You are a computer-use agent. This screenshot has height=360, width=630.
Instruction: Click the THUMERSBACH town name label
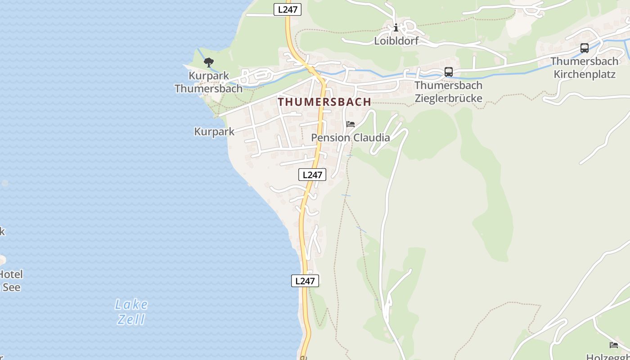click(x=324, y=102)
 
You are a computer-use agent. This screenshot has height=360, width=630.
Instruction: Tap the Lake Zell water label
click(x=131, y=312)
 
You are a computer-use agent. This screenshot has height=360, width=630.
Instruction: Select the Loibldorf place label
click(x=396, y=41)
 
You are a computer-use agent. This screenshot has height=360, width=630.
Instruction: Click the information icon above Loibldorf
click(x=396, y=28)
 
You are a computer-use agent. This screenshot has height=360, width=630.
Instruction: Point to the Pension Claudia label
click(x=351, y=138)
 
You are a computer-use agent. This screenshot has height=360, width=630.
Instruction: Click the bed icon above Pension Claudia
click(x=351, y=124)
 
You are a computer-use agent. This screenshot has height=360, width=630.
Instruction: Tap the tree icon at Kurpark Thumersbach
click(x=208, y=62)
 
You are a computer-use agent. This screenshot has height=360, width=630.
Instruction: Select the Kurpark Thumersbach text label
click(x=208, y=82)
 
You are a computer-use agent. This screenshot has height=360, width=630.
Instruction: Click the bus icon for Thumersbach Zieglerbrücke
click(x=449, y=72)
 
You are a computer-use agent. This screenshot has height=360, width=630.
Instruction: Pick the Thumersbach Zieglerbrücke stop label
click(x=448, y=92)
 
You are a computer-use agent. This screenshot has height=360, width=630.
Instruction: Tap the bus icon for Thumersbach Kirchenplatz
click(x=585, y=48)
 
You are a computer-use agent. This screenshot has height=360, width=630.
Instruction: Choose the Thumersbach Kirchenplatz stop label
click(x=585, y=67)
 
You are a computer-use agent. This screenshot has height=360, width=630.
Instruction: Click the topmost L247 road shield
click(x=288, y=9)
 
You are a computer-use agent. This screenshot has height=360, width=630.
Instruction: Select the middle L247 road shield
click(x=312, y=175)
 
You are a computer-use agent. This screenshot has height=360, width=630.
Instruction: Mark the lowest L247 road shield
click(x=305, y=281)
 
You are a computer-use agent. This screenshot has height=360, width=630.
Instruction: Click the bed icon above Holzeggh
click(x=614, y=345)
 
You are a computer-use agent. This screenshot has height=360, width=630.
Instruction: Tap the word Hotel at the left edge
click(x=11, y=274)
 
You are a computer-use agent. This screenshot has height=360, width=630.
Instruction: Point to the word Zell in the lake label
click(x=131, y=319)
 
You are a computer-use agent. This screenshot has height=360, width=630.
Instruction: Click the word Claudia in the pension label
click(x=371, y=138)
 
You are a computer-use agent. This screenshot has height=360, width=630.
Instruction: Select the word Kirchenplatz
click(x=585, y=74)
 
